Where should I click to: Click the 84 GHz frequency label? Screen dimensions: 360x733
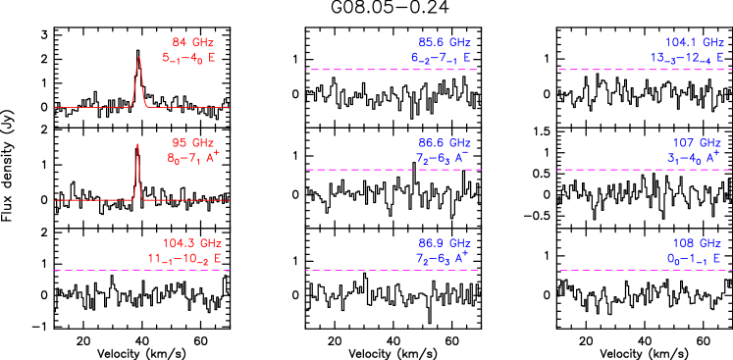[x=192, y=42]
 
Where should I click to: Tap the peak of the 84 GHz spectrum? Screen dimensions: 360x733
[x=139, y=57]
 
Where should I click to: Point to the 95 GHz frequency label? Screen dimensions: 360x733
[x=192, y=143]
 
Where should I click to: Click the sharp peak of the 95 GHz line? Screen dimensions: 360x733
[x=137, y=145]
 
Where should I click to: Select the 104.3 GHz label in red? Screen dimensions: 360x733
[x=192, y=243]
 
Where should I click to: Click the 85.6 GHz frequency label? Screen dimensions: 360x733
[x=445, y=42]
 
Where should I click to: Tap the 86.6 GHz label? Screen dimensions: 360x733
[x=445, y=143]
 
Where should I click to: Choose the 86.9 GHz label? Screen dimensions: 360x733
[x=445, y=243]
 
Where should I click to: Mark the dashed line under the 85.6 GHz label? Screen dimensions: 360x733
[x=392, y=70]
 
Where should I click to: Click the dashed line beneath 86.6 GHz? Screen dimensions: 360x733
[x=393, y=170]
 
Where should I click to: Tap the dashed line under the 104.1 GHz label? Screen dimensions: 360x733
[x=644, y=70]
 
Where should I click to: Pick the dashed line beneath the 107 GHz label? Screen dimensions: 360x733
[x=644, y=170]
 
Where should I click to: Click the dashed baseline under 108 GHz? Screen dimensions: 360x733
[x=644, y=270]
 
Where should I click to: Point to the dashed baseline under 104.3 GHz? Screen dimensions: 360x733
[x=141, y=270]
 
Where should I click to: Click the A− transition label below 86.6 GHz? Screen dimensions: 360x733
[x=443, y=158]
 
